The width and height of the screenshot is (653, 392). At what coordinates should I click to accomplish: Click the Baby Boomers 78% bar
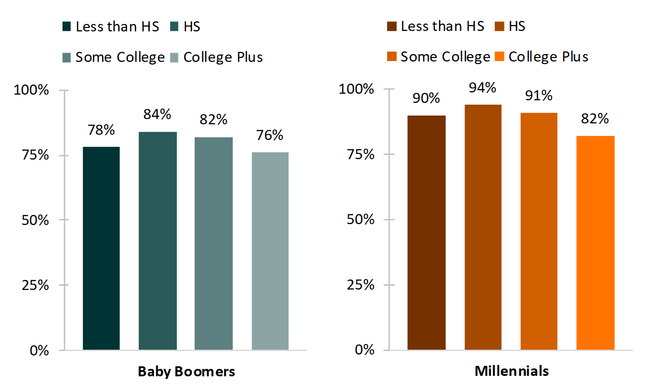[101, 248]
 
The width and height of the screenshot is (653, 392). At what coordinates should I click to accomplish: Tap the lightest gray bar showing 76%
[270, 251]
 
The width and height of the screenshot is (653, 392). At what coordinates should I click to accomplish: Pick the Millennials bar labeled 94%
[483, 227]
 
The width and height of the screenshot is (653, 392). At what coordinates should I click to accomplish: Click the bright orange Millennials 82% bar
[595, 242]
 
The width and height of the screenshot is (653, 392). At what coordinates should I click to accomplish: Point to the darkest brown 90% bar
[426, 232]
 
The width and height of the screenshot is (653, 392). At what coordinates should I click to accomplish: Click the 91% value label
[539, 95]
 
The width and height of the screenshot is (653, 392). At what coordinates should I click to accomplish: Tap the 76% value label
[270, 135]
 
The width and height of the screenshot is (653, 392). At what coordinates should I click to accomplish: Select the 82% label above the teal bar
[213, 119]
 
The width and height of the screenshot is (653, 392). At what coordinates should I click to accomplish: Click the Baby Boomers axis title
[186, 372]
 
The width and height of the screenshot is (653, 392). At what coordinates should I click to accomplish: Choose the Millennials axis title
[512, 371]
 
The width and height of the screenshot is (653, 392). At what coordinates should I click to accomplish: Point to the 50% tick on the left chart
[35, 220]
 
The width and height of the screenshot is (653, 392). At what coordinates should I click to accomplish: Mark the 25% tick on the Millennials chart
[361, 285]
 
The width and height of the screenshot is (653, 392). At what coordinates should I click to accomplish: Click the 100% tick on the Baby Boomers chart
[31, 90]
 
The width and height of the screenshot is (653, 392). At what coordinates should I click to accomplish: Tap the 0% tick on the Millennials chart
[364, 350]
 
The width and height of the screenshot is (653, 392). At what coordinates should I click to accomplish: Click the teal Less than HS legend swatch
[67, 27]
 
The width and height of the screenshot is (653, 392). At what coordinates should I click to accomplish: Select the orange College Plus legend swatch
[500, 57]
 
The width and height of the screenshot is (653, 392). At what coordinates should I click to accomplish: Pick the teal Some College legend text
[120, 57]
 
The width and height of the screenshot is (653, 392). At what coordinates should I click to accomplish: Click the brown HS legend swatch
[499, 26]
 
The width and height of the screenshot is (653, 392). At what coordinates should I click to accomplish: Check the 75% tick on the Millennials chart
[361, 154]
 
